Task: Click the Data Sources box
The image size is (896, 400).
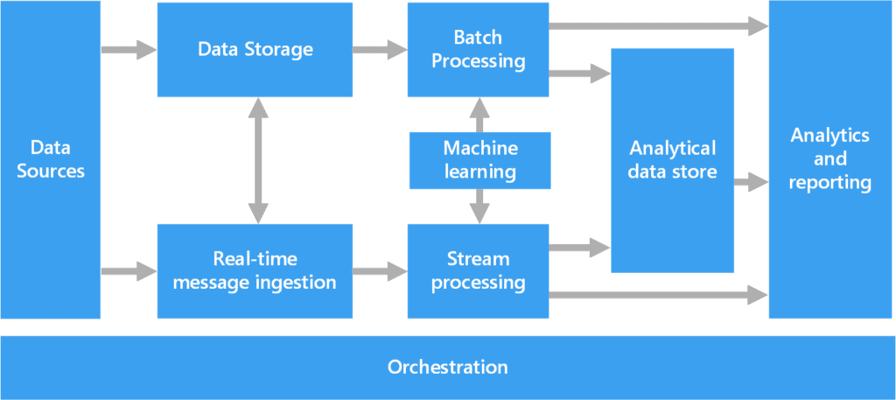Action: tap(50, 159)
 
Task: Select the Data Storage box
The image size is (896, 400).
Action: tap(255, 49)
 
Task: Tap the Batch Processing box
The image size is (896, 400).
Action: tap(479, 49)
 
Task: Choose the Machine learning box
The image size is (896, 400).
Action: tap(479, 160)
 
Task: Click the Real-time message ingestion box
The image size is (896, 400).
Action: tap(255, 270)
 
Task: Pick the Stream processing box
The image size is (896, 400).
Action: tap(479, 270)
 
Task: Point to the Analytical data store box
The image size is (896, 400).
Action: tap(672, 160)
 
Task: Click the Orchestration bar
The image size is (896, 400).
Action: tap(447, 367)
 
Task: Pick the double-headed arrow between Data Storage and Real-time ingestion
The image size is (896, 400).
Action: tap(257, 160)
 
